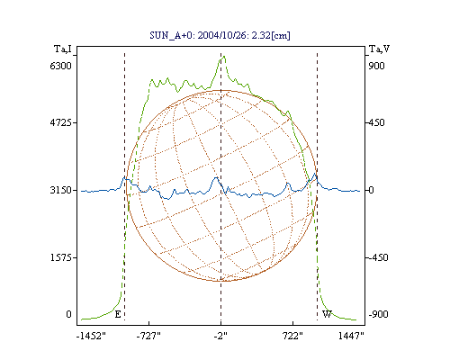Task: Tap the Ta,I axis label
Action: [x=63, y=49]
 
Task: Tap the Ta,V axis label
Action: [x=379, y=49]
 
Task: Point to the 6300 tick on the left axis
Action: [x=60, y=66]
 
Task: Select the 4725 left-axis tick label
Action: [x=60, y=122]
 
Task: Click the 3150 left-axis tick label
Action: [x=60, y=190]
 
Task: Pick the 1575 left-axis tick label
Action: [x=60, y=257]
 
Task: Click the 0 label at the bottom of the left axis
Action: [x=68, y=314]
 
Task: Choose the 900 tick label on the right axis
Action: [x=376, y=66]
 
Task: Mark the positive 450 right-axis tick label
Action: [x=377, y=122]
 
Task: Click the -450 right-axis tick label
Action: [x=378, y=257]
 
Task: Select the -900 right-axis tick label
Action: [x=378, y=314]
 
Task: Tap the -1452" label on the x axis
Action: [x=91, y=337]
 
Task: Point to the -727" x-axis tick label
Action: [x=148, y=337]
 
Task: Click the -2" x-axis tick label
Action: [x=220, y=337]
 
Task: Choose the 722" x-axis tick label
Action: [x=292, y=337]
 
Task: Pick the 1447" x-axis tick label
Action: [x=351, y=337]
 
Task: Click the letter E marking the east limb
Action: [x=118, y=314]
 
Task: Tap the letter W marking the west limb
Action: [x=327, y=314]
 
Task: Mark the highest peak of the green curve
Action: [x=224, y=57]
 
